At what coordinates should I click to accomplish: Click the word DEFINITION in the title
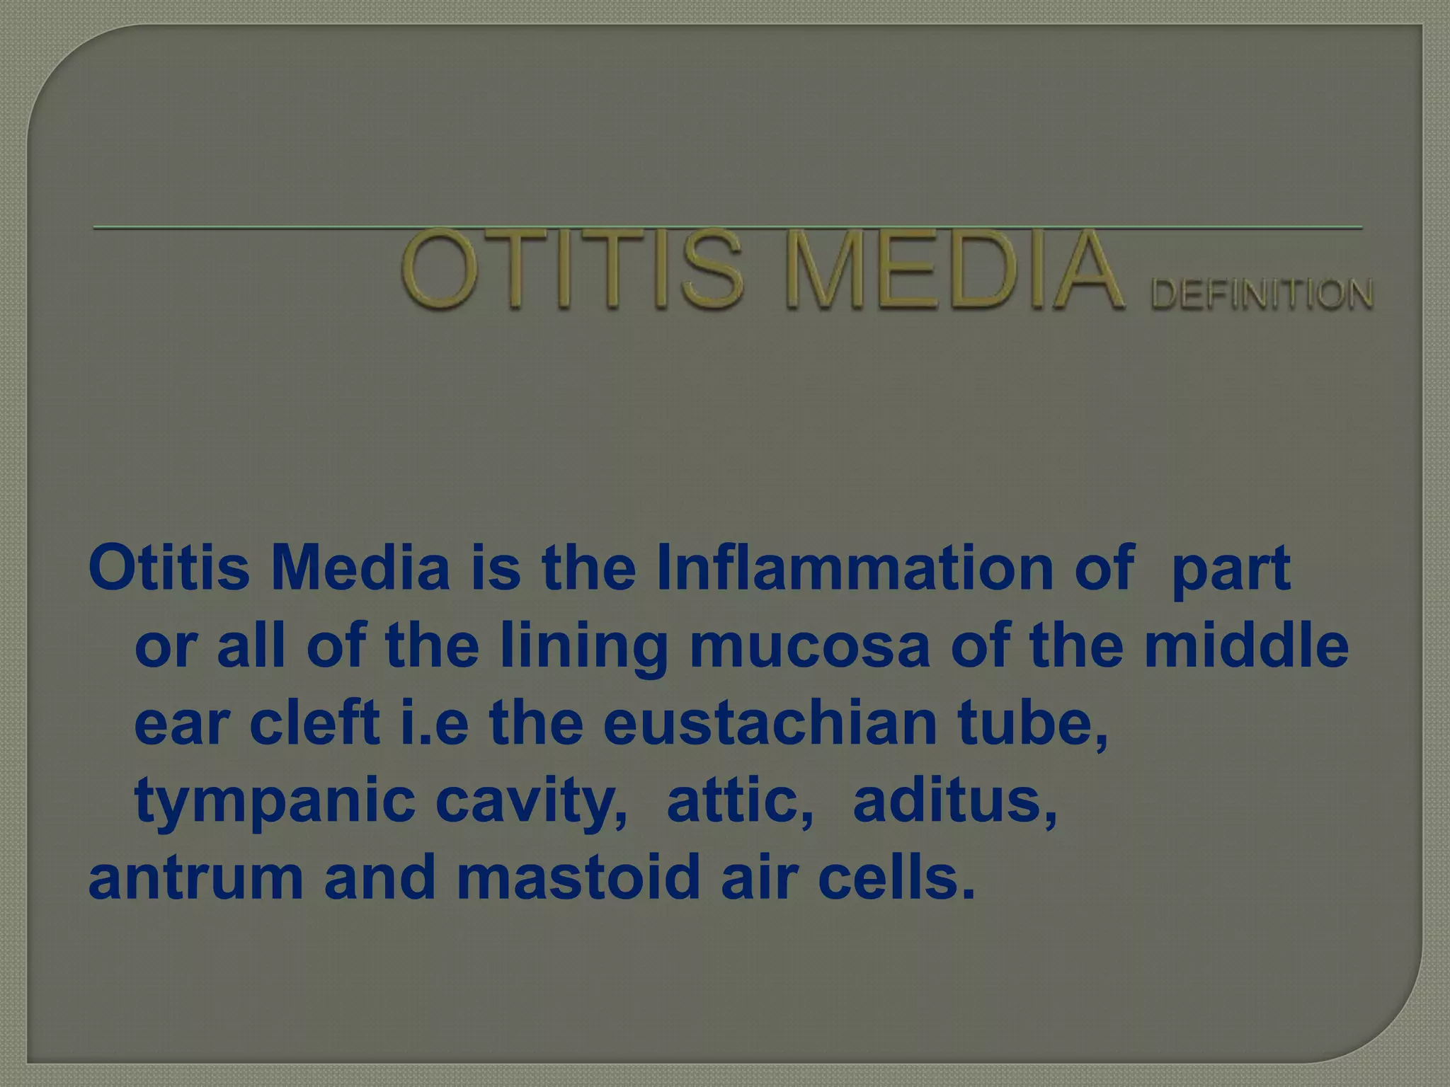(x=1262, y=294)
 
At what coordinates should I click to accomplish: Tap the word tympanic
(x=275, y=802)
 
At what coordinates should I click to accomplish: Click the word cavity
(x=531, y=802)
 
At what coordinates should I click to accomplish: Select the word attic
(x=740, y=800)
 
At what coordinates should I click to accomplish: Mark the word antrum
(x=196, y=878)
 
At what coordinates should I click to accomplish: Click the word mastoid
(x=578, y=878)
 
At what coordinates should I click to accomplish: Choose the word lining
(x=584, y=648)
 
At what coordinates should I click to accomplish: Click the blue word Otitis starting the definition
(x=169, y=568)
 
